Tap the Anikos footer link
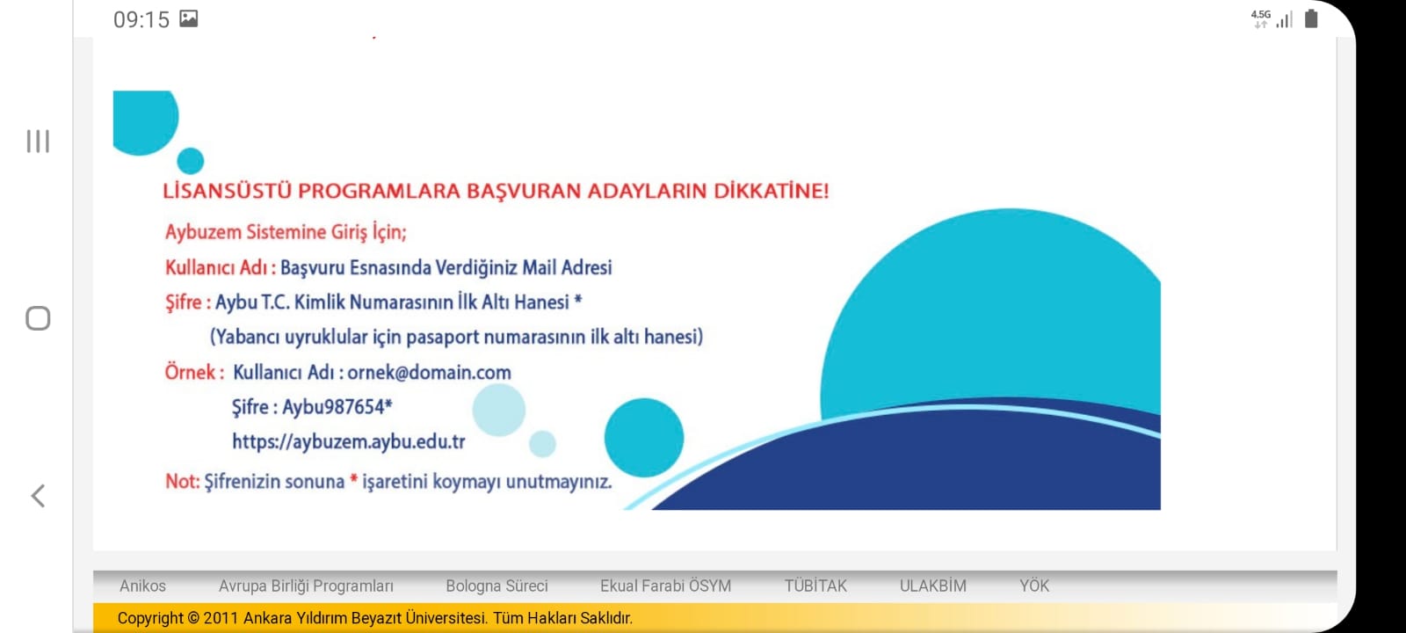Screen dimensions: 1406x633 (142, 586)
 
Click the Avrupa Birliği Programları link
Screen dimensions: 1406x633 (306, 586)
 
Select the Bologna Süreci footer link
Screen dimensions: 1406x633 (496, 586)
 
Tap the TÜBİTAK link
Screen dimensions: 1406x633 (815, 586)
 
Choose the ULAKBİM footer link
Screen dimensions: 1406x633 (932, 586)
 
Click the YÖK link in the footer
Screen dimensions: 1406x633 (1033, 586)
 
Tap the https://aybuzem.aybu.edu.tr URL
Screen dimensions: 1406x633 (348, 442)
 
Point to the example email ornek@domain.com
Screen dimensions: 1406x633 (430, 373)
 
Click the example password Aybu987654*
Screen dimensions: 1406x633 (337, 407)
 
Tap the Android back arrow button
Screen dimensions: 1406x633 (39, 496)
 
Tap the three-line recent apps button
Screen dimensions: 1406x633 (38, 142)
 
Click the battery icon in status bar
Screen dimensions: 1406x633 (1310, 18)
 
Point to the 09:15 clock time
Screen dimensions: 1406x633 (141, 19)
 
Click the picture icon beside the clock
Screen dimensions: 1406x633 (189, 18)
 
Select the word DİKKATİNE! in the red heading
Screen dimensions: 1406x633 (771, 191)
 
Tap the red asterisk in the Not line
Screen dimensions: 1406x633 (354, 480)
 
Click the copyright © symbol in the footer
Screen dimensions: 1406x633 (193, 619)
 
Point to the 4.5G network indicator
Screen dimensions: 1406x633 (1260, 18)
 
